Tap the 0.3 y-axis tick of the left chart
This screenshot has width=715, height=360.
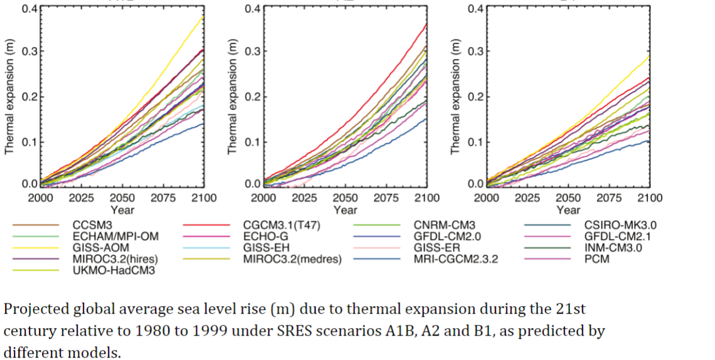coord(29,51)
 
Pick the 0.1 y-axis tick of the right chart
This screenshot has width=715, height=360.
coord(475,141)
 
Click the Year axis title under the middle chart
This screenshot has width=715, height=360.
coord(345,209)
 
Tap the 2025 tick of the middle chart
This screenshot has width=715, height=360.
coord(304,198)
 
